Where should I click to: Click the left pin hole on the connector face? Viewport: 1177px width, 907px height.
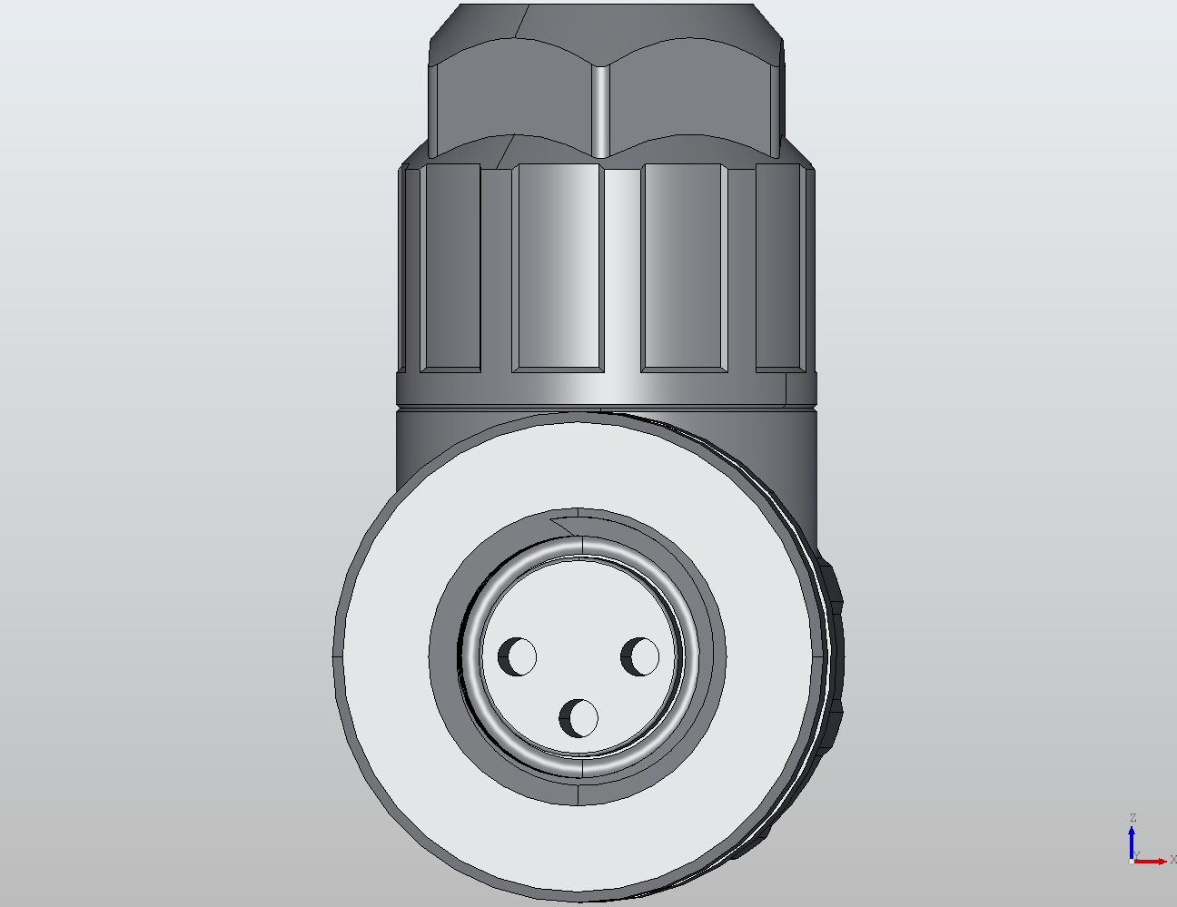coord(518,656)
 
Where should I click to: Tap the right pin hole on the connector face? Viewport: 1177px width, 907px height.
coord(640,656)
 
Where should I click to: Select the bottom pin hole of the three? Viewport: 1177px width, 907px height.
coord(579,718)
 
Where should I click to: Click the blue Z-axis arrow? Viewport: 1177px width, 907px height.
coord(1132,840)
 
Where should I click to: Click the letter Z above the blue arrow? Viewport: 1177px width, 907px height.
coord(1132,818)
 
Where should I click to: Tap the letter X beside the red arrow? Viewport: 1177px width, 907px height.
coord(1172,860)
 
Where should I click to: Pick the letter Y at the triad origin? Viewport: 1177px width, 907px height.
coord(1137,855)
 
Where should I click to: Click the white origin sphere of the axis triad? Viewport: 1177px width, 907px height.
coord(1131,861)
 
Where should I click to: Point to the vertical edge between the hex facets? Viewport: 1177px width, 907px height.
coord(600,109)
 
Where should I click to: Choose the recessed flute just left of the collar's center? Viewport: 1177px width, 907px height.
coord(557,268)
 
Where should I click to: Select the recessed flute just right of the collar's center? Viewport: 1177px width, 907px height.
coord(684,268)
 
